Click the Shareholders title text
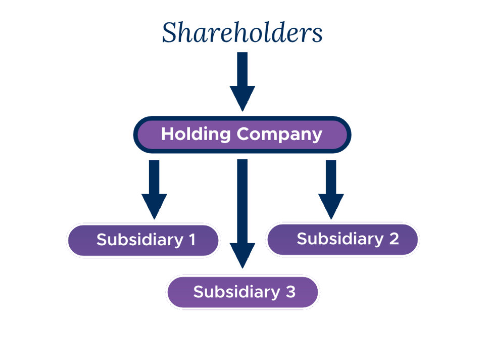tap(242, 33)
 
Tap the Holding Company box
tap(242, 134)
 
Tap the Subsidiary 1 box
tap(143, 240)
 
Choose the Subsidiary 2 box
tap(343, 239)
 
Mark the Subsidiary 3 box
tap(242, 292)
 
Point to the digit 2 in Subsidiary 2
tap(394, 239)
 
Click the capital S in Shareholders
tap(170, 33)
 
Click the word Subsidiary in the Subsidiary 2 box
tap(339, 239)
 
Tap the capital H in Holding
tap(167, 134)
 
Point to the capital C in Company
tap(244, 134)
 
